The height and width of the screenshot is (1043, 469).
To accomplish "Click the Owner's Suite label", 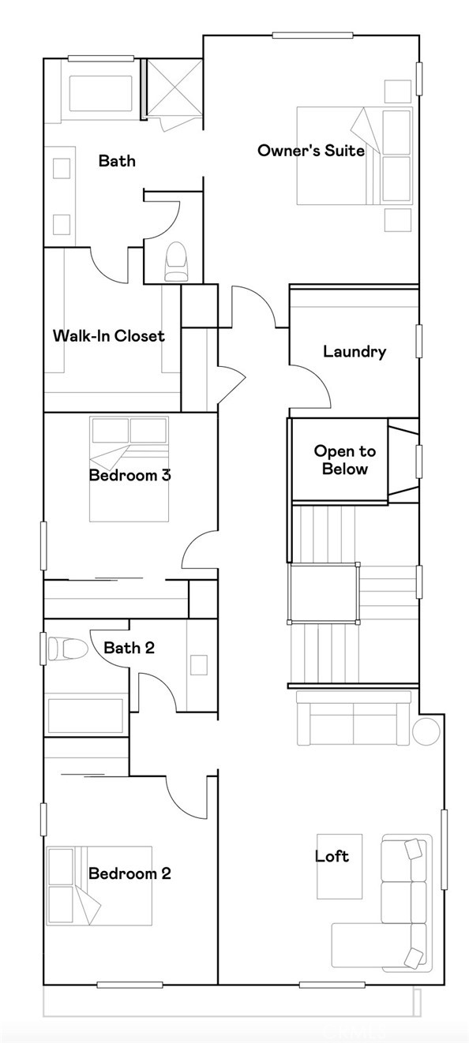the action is tap(311, 151).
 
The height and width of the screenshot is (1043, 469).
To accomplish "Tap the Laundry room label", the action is tap(355, 352).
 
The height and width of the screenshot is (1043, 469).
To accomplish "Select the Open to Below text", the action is tap(344, 460).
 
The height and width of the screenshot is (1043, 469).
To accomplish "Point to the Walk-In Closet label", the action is tap(109, 336).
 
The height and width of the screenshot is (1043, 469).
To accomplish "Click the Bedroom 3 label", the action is tap(130, 475).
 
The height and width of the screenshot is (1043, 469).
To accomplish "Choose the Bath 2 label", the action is tap(129, 647).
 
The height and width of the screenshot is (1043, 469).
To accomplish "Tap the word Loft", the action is tap(332, 856).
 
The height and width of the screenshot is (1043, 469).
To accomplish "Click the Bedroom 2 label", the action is tap(129, 873).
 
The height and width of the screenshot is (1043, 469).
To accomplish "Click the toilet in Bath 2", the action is tap(68, 649).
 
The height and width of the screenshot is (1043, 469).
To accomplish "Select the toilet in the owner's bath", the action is tap(177, 261).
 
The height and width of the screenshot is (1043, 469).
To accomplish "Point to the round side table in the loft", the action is tap(426, 731).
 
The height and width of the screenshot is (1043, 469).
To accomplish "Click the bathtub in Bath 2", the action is tap(86, 716).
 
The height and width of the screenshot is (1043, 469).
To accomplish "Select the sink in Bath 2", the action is tap(199, 664).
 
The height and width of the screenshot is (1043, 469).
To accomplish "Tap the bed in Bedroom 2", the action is tap(99, 885).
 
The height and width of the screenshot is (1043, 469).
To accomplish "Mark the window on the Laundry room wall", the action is tap(418, 342).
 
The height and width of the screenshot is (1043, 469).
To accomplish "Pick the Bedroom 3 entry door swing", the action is tap(200, 549).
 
